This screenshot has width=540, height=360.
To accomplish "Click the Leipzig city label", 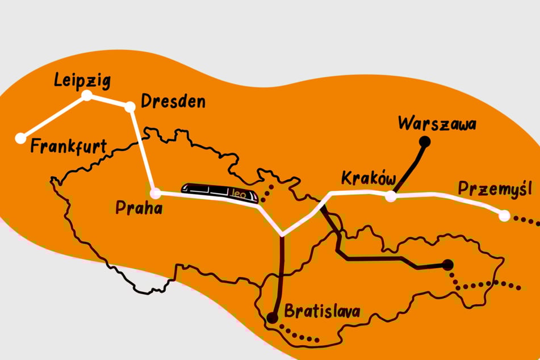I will [83, 81].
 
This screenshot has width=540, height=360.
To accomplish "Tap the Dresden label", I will [173, 103].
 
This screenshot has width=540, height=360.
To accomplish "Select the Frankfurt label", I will [69, 147].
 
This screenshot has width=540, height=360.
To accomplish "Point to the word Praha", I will [139, 208].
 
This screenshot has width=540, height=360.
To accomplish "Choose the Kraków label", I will [368, 178].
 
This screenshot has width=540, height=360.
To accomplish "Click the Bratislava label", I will [323, 311].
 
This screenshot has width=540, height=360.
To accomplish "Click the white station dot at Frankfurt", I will [21, 137].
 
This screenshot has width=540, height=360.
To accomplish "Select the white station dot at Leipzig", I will [87, 95].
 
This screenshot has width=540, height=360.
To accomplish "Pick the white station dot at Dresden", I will [130, 106].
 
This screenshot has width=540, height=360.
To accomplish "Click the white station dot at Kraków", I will [391, 196].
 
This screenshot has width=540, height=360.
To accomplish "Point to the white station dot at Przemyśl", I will [504, 215].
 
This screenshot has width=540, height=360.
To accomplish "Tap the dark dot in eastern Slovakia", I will [448, 264].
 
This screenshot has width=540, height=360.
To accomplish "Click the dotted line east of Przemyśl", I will [525, 219].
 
